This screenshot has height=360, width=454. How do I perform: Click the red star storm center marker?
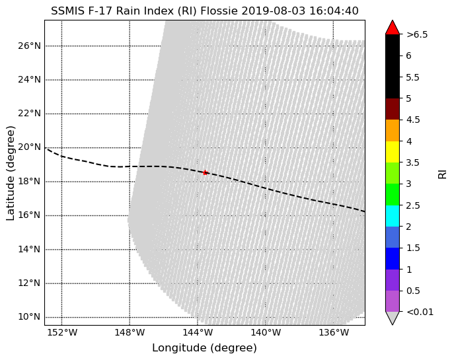coord(206,172)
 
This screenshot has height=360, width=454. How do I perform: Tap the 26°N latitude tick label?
coord(29,46)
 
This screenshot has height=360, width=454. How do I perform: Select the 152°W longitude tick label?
coord(63,332)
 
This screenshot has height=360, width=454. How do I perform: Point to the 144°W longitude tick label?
coord(198,332)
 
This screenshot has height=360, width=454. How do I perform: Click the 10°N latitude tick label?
coord(29,316)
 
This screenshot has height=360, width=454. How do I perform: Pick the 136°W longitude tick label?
coord(334,332)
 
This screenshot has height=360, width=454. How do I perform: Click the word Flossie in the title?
coord(219,11)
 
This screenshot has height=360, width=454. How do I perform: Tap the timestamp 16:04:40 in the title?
coord(334,11)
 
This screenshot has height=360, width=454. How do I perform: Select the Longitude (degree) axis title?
coord(204,348)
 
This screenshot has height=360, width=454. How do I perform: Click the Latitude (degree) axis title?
coord(10,173)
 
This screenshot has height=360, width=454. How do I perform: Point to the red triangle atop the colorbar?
coord(393,28)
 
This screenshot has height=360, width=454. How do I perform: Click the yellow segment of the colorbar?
coord(393,152)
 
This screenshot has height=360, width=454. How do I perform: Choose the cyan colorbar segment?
coord(393,216)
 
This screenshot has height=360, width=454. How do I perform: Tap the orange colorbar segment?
coord(393,131)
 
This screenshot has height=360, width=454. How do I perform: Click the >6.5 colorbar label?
coord(417,35)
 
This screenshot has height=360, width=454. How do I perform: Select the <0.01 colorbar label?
coord(420,312)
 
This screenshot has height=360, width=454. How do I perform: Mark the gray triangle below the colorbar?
coord(393,318)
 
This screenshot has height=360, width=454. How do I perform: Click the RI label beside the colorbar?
coord(443,174)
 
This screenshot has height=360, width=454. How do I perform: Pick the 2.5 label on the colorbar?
coord(413,205)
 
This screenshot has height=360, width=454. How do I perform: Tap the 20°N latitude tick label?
coord(29,147)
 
